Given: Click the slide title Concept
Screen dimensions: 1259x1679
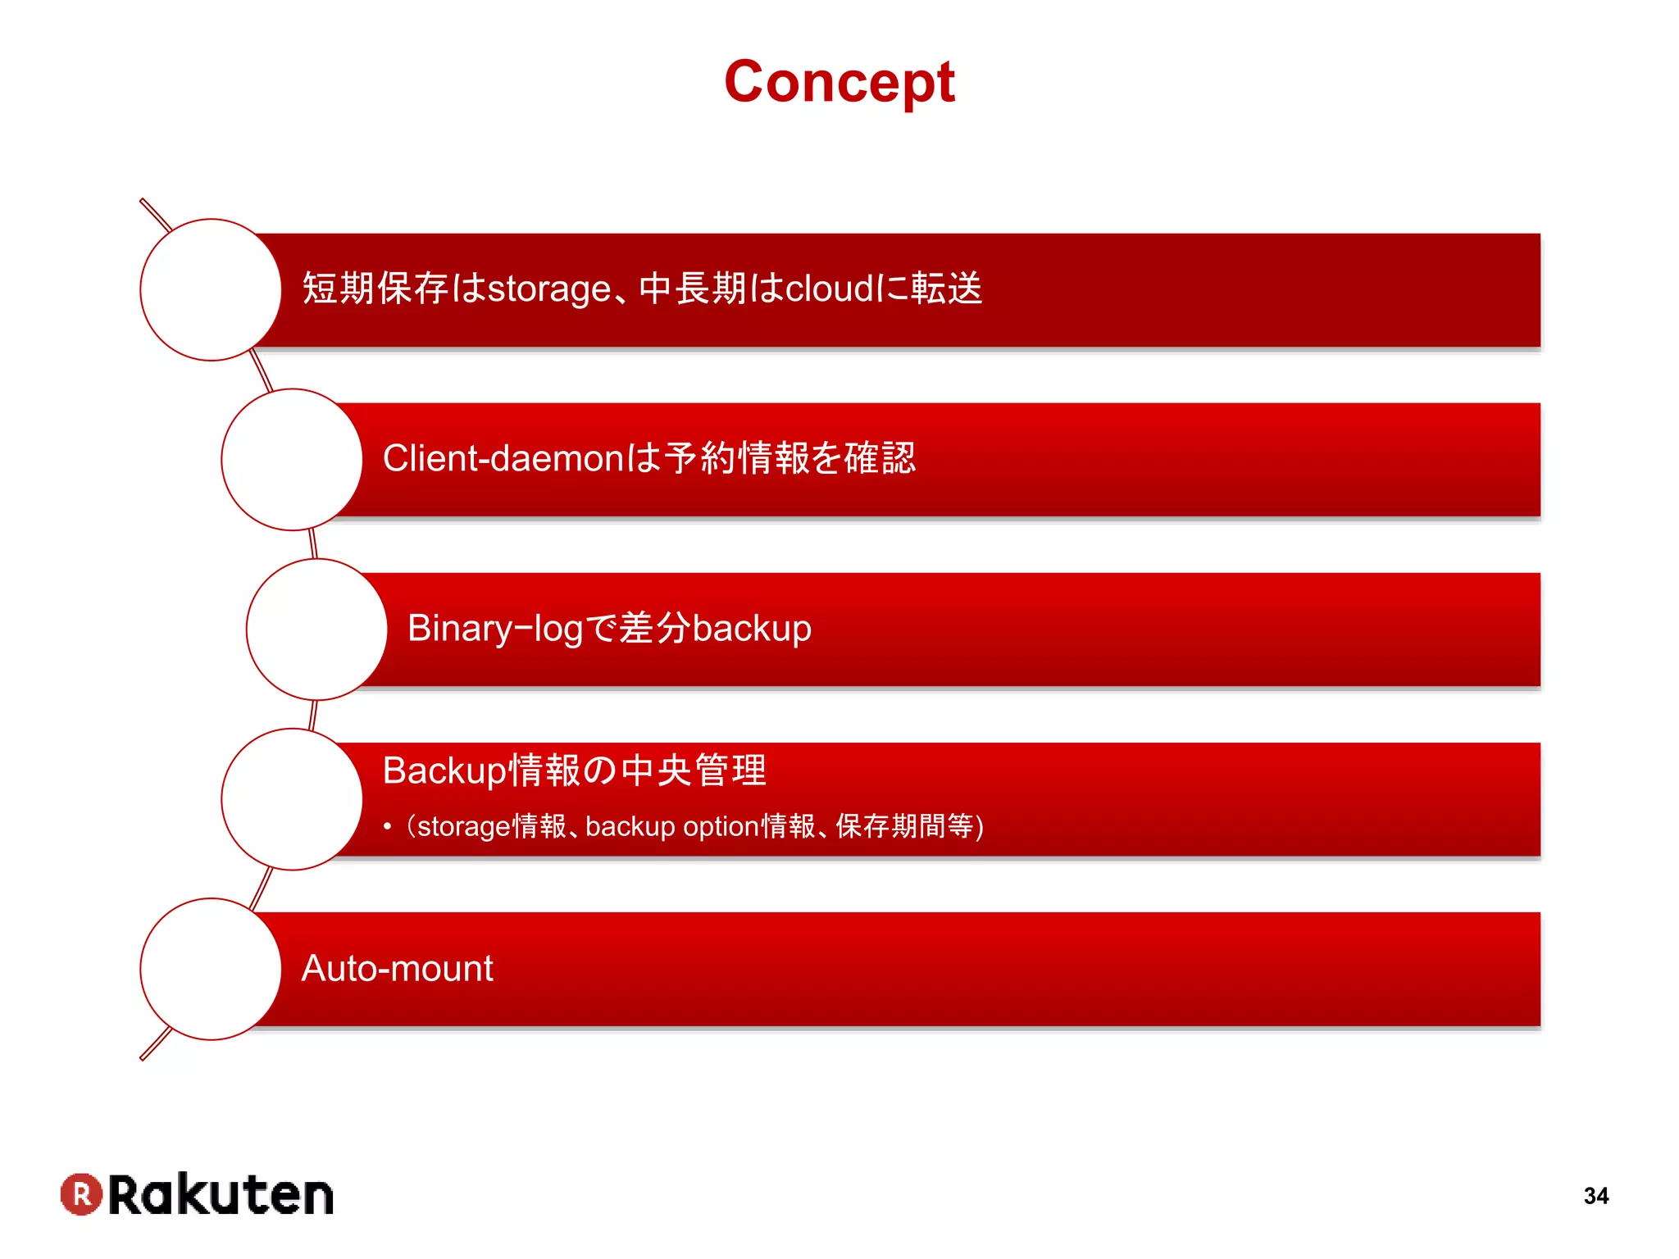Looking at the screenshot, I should point(839,82).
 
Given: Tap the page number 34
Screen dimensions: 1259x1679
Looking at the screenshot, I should point(1595,1196).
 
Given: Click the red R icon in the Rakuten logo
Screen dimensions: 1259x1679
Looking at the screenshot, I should point(81,1193).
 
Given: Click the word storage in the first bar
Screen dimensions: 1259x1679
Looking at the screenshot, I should point(548,289).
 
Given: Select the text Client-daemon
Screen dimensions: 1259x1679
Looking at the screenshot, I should point(503,458).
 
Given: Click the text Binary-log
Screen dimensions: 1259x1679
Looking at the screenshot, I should point(494,629).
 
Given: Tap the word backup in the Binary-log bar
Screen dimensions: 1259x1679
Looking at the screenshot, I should point(752,629).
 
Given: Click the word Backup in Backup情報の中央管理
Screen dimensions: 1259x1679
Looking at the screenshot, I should point(444,770).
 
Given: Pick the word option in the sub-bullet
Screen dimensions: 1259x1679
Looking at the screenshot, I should point(721,826).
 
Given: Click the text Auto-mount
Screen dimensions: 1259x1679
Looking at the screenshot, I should point(397,969).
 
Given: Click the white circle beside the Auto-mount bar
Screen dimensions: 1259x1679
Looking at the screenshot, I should point(211,969).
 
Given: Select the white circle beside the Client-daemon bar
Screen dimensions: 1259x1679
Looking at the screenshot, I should point(292,459).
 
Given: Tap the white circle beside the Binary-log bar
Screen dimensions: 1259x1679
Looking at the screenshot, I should point(316,629).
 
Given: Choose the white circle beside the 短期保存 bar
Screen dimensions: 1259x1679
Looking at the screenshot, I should point(211,289).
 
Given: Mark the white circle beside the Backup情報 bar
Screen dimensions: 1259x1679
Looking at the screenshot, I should point(292,799).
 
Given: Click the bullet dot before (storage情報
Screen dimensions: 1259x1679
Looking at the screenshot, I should point(387,827).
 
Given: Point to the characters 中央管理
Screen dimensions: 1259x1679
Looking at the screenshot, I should point(694,770).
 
